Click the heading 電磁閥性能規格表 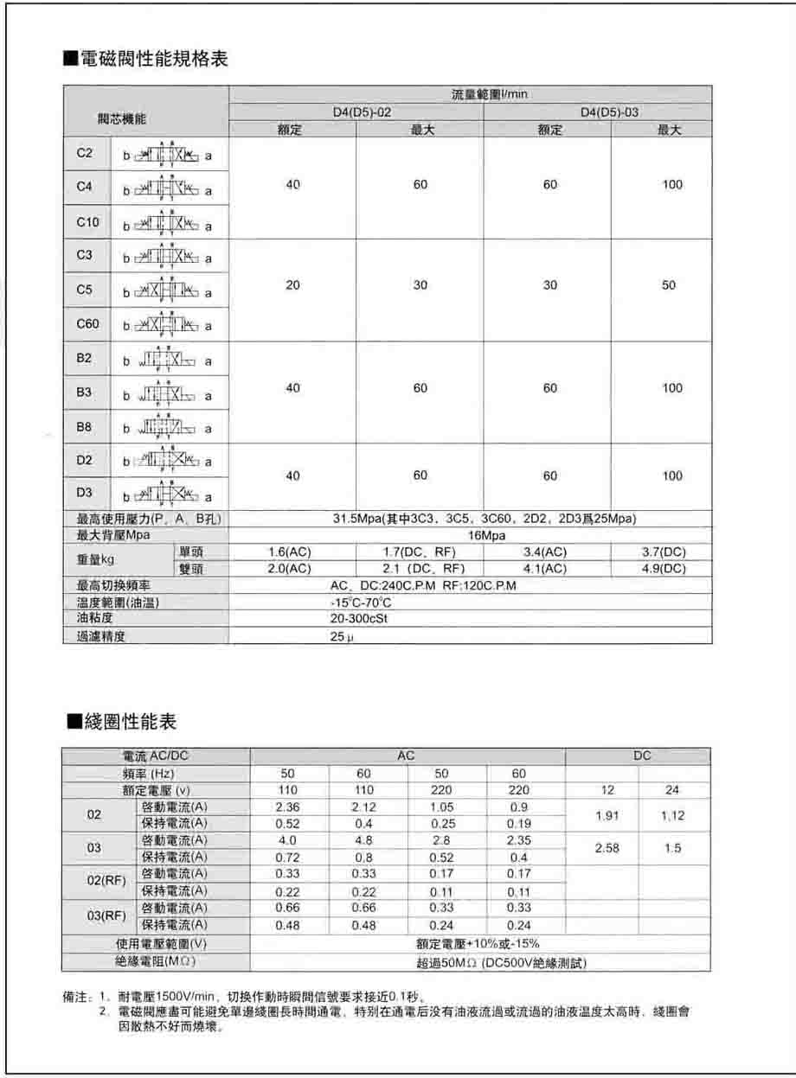pyautogui.click(x=147, y=61)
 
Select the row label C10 pyautogui.click(x=88, y=222)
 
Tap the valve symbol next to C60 pyautogui.click(x=168, y=325)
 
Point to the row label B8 pyautogui.click(x=84, y=426)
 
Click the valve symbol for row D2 pyautogui.click(x=168, y=460)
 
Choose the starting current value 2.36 pyautogui.click(x=288, y=807)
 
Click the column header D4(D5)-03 pyautogui.click(x=610, y=112)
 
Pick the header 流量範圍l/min pyautogui.click(x=490, y=95)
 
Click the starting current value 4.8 pyautogui.click(x=363, y=840)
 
